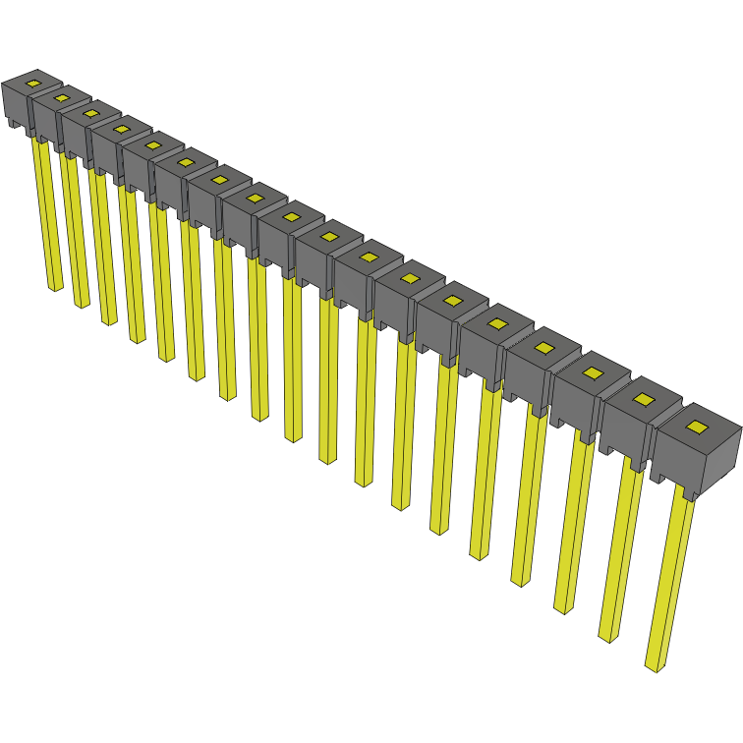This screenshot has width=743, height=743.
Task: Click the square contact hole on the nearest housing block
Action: pos(697,427)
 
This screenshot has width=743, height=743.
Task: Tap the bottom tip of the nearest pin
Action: pos(654,667)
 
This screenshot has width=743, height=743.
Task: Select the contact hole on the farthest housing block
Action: pos(33,84)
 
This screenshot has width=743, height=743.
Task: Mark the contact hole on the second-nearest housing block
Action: pos(643,399)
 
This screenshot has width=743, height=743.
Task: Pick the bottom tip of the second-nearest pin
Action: pos(608,637)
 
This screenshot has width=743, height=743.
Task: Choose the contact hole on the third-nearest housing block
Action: pos(592,372)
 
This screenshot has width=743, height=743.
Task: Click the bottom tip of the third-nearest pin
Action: pos(563,609)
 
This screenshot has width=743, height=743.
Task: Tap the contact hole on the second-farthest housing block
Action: pos(62,97)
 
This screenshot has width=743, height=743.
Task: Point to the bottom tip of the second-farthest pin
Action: pos(82,304)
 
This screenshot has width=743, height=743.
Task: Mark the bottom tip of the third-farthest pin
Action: pos(108,320)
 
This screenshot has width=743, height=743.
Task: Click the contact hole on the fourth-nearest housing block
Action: pos(543,347)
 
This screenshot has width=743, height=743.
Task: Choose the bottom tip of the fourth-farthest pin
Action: pos(137,339)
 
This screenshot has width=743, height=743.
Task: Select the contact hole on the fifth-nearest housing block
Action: pos(497,323)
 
